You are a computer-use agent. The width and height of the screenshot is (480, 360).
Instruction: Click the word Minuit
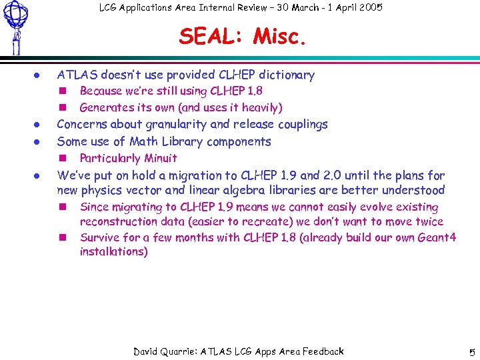pyautogui.click(x=161, y=159)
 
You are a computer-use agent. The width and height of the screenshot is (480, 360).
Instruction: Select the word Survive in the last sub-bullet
pyautogui.click(x=99, y=237)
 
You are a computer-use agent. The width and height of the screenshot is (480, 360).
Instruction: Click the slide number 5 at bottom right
pyautogui.click(x=471, y=352)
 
